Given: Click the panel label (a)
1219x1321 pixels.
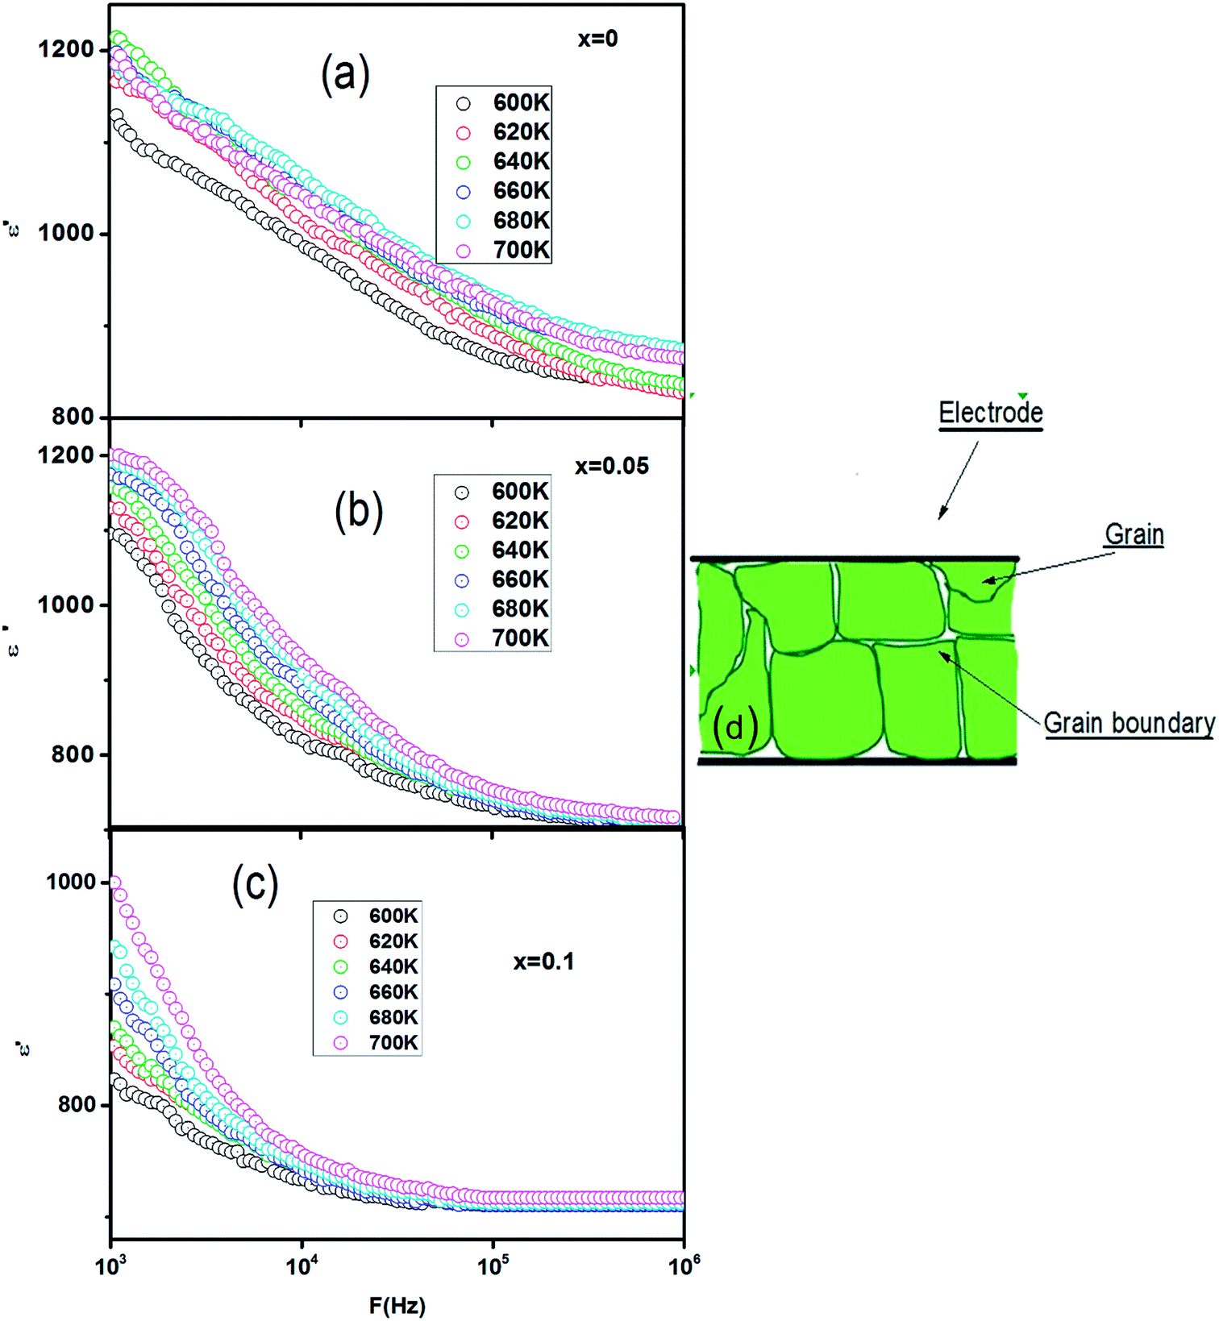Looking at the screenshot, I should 345,76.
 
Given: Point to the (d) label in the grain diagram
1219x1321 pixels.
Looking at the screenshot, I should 735,727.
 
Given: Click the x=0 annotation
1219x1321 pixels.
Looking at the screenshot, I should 597,39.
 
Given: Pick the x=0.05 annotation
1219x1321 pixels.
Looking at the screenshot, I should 611,466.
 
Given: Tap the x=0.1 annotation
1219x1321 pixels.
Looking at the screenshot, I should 543,962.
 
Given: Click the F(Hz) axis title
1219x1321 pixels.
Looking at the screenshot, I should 397,1306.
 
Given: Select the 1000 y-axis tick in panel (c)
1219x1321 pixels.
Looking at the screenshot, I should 71,882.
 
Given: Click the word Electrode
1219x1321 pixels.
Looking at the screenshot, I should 991,413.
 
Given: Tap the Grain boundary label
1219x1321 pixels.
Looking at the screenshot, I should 1129,723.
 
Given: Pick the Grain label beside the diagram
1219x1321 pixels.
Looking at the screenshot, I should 1134,534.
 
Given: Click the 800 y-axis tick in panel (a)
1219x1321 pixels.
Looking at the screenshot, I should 73,417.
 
